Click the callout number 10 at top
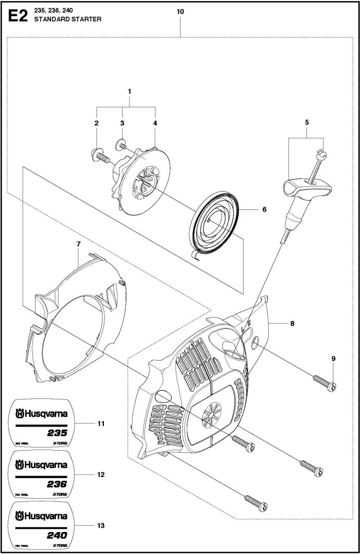(180, 11)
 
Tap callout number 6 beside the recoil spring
(265, 209)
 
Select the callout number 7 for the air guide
(78, 244)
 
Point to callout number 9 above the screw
(333, 359)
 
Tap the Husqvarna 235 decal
(41, 423)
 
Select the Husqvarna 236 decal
(41, 474)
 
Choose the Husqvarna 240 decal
(41, 525)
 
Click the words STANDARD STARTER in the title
(68, 19)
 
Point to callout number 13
(101, 526)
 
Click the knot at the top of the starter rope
(321, 154)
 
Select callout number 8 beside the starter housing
(292, 323)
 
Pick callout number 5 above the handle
(307, 123)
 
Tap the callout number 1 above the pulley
(129, 91)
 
